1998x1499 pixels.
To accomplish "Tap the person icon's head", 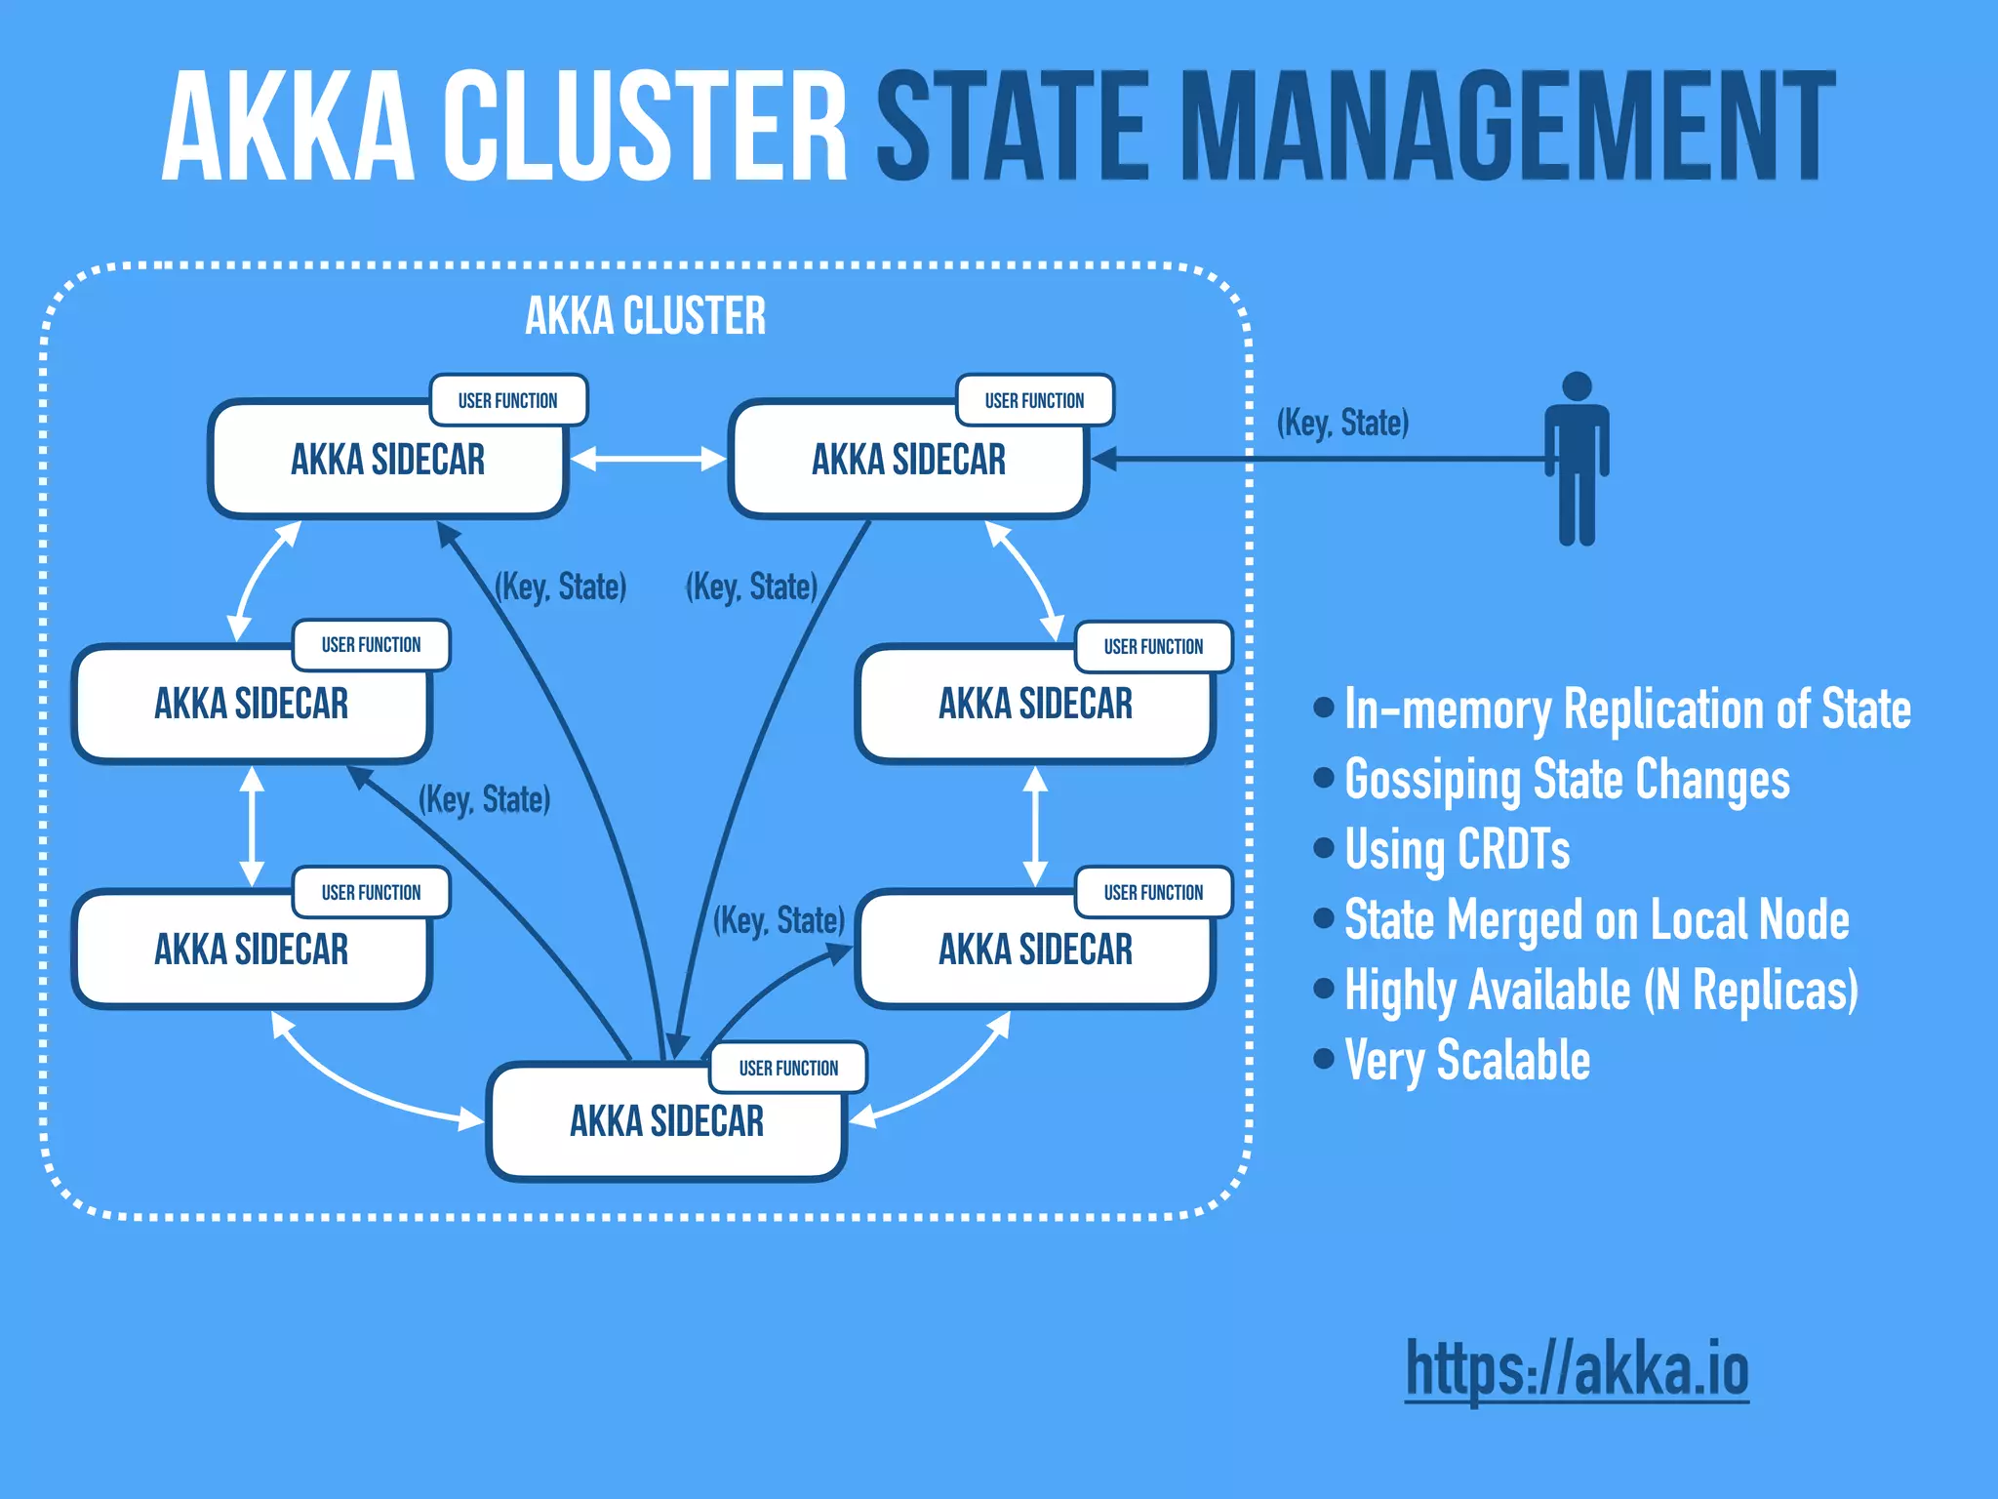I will point(1577,386).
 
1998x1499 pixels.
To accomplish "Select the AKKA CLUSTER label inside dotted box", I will point(645,316).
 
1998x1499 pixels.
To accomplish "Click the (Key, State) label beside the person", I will point(1342,423).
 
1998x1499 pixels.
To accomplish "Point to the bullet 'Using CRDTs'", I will point(1457,849).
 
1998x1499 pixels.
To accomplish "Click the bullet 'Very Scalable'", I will point(1466,1060).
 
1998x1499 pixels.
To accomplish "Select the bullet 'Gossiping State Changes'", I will point(1566,779).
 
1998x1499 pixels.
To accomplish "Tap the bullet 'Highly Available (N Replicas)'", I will point(1600,990).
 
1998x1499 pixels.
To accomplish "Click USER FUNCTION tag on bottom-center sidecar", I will point(788,1068).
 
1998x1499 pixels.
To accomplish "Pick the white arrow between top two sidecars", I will point(648,459).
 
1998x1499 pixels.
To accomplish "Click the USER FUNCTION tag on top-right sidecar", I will point(1034,400).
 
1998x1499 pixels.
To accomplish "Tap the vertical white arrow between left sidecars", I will point(253,826).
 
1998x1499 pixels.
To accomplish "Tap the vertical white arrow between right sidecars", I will point(1035,826).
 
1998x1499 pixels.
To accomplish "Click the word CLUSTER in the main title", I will point(645,127).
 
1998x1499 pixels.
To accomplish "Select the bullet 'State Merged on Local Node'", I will point(1596,919).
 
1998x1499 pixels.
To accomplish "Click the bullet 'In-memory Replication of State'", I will point(1626,709).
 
